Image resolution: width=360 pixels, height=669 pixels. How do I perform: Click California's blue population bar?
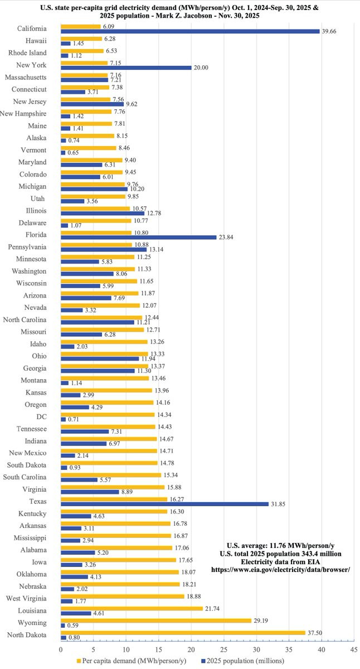coord(189,31)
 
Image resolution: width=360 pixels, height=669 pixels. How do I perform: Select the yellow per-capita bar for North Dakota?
coord(183,633)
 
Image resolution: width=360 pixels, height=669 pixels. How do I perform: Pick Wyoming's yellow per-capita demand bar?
coord(156,620)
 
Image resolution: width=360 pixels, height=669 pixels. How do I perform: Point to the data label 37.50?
coord(314,633)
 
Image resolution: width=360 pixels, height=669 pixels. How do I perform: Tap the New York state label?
coord(32,65)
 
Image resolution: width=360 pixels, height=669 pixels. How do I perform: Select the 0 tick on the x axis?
coord(61,649)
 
